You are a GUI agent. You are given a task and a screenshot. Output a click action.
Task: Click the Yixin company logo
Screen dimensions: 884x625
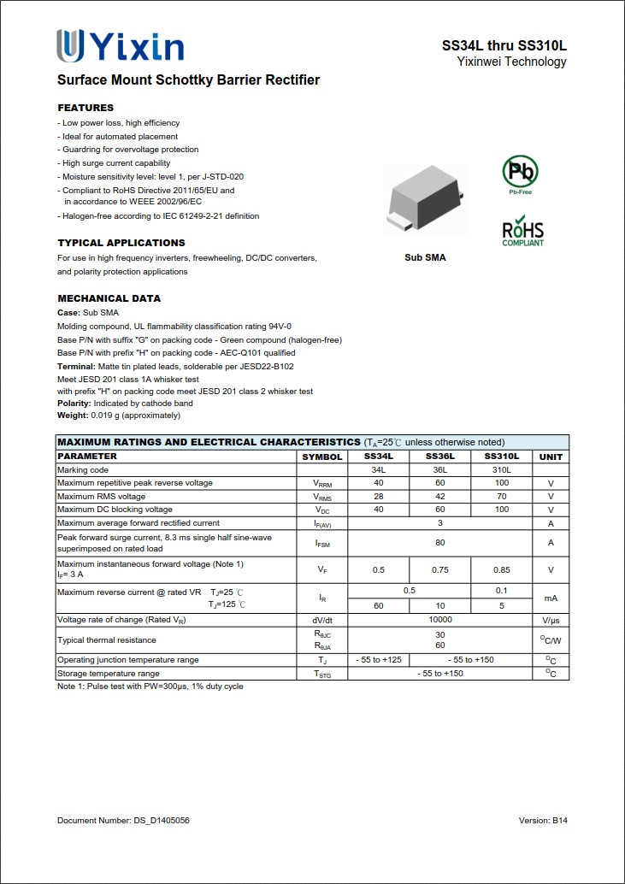point(120,45)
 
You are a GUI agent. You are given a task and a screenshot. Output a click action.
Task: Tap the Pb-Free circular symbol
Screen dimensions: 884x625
point(520,173)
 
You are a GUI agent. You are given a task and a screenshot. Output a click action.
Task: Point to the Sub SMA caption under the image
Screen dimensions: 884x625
point(425,257)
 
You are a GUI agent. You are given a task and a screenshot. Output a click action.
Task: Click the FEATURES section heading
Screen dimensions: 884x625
point(85,108)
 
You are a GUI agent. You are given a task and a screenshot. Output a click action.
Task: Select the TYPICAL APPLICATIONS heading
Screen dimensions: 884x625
point(121,243)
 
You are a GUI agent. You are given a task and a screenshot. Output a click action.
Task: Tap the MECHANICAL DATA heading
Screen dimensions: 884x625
point(109,298)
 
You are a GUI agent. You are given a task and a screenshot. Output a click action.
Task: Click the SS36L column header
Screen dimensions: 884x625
point(439,457)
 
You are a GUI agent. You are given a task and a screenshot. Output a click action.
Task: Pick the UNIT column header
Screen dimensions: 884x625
point(551,457)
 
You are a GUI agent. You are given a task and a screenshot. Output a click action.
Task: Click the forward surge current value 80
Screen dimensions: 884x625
point(439,542)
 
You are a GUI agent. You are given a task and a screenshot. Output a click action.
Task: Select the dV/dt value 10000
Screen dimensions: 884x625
point(439,619)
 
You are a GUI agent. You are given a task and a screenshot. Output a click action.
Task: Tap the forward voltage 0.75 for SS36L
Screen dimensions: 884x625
point(439,569)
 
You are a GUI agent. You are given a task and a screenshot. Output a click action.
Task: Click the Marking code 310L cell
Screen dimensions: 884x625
point(501,469)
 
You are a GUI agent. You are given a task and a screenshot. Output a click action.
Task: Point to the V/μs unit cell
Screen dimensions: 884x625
point(551,619)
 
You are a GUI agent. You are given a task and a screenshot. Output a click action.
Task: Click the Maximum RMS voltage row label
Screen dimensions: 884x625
point(101,496)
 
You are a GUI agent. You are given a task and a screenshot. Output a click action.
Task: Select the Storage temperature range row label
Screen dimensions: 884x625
point(108,674)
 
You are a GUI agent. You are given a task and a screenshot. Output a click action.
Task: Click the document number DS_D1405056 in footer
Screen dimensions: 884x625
point(123,821)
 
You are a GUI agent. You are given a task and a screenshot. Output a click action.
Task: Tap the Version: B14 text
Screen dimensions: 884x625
point(543,821)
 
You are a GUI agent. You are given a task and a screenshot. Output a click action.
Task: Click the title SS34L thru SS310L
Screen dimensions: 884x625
point(504,45)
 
